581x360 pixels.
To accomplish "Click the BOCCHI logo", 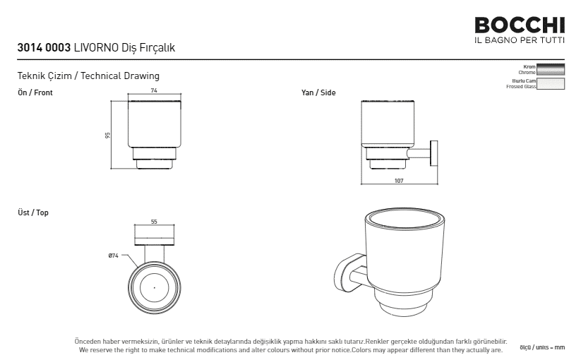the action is (x=520, y=25).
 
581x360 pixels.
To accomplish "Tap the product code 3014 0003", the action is (x=44, y=48).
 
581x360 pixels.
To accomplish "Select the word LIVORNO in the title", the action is (x=96, y=48).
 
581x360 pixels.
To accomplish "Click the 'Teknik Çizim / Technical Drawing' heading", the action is (x=88, y=76).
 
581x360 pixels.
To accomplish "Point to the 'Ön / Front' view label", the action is (x=35, y=92).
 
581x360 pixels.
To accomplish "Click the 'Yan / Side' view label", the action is (x=318, y=92).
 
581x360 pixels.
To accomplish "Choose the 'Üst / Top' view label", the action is (x=33, y=212).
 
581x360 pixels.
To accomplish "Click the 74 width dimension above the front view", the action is (x=154, y=90).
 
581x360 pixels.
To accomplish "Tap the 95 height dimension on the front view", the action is (x=108, y=136).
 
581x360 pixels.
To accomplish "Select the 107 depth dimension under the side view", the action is (x=399, y=181).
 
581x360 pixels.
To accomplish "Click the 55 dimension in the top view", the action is (x=154, y=222).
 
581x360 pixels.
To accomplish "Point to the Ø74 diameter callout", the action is (x=114, y=256).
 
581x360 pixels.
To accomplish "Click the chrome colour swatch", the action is (x=551, y=70).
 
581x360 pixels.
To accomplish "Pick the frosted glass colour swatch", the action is (x=551, y=84).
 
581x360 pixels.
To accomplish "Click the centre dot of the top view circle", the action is (x=154, y=288).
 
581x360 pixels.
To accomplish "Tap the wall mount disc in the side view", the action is (x=434, y=153).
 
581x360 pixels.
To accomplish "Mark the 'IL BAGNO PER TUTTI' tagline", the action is (x=520, y=40).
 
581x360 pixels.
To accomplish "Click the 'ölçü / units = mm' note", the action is (x=542, y=348).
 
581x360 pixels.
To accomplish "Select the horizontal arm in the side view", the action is (x=419, y=153).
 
